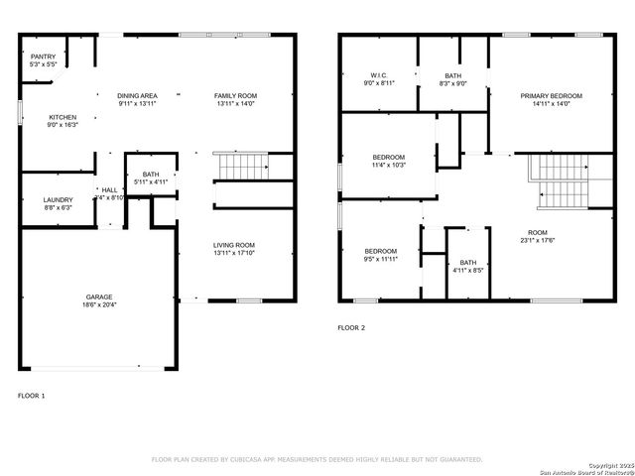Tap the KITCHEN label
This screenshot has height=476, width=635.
[x=63, y=117]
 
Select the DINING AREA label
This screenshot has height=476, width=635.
[x=138, y=96]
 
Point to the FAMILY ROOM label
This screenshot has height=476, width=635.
[x=235, y=96]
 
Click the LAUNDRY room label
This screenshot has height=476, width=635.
[x=57, y=200]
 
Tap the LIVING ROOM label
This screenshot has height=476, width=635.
[x=234, y=245]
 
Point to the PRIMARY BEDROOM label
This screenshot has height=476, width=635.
[x=551, y=96]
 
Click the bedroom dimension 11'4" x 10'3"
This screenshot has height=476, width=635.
[x=388, y=165]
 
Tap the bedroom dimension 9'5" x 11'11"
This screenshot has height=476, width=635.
[x=380, y=258]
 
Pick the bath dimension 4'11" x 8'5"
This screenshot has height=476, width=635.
[x=467, y=269]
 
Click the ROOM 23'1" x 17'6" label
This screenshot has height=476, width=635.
[x=538, y=240]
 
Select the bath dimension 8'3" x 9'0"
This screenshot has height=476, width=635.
[x=452, y=83]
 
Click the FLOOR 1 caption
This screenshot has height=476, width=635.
[x=31, y=396]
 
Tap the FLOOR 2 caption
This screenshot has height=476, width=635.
[x=351, y=327]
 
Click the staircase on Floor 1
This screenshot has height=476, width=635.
[x=242, y=167]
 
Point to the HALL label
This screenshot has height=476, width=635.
[x=109, y=190]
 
